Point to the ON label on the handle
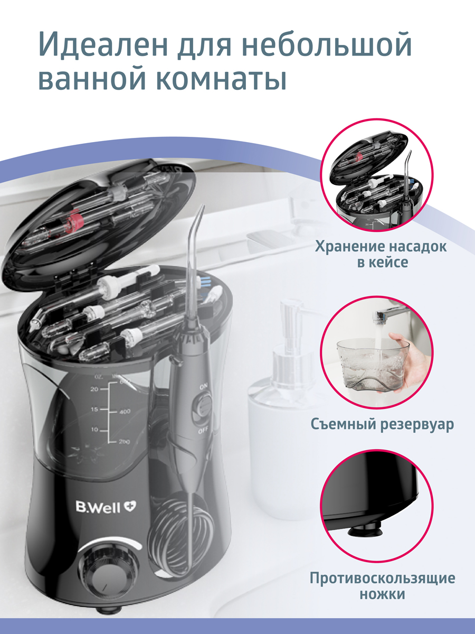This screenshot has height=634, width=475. [x=204, y=386]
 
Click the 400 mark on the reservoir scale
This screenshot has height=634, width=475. [x=125, y=411]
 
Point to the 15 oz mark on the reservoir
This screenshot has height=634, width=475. [x=94, y=409]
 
